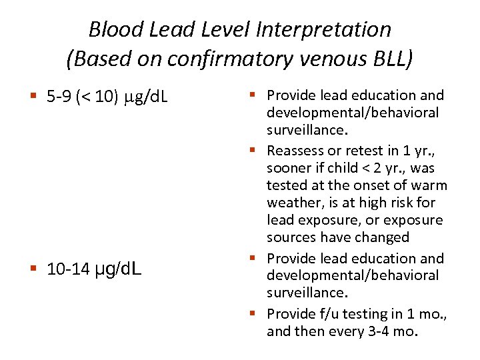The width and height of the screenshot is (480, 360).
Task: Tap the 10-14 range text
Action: [x=67, y=269]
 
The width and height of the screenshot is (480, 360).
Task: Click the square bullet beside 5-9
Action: [x=34, y=99]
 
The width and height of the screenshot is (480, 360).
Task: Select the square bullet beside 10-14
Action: [x=34, y=269]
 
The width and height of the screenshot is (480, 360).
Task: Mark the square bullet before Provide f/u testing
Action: [x=257, y=313]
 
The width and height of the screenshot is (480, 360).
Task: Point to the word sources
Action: [x=291, y=237]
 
